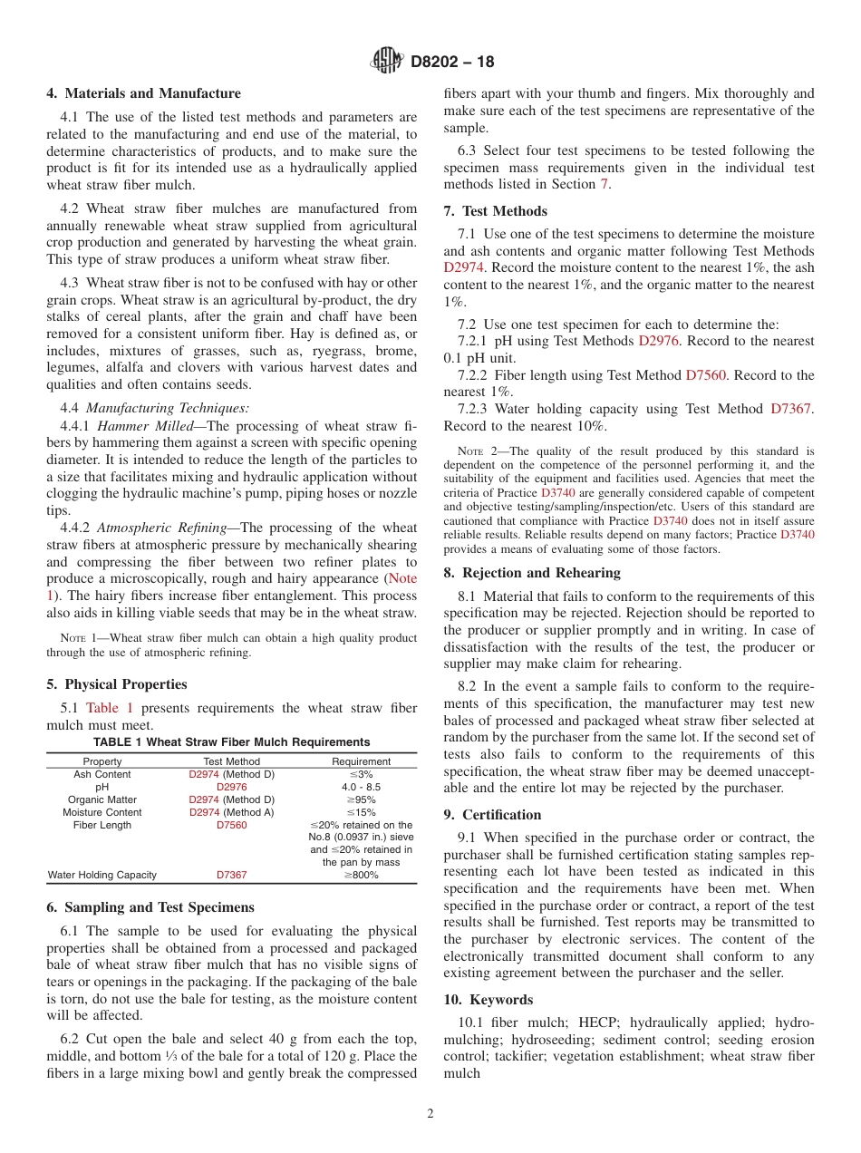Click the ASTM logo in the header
(x=387, y=62)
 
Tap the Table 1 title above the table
(x=231, y=741)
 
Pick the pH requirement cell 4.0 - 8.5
(x=361, y=787)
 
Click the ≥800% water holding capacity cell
(x=361, y=875)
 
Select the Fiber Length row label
(x=102, y=825)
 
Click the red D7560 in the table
(x=231, y=825)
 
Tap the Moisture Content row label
(x=102, y=812)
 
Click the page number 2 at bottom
(x=430, y=1113)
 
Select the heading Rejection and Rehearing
(x=532, y=573)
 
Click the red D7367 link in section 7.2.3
(x=791, y=409)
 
